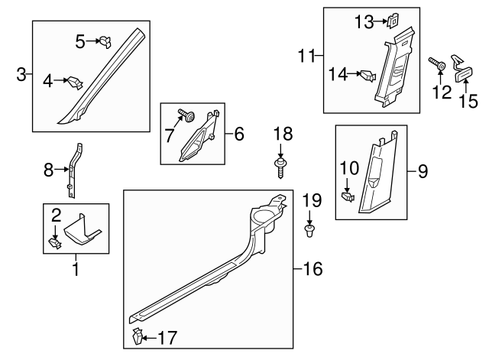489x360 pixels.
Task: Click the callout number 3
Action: tap(21, 74)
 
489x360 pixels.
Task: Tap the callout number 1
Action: tap(75, 269)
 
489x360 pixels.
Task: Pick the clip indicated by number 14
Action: tap(368, 75)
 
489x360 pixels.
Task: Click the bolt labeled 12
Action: tap(440, 67)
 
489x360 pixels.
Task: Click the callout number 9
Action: tap(419, 171)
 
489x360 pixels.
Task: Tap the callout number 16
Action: tap(312, 268)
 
